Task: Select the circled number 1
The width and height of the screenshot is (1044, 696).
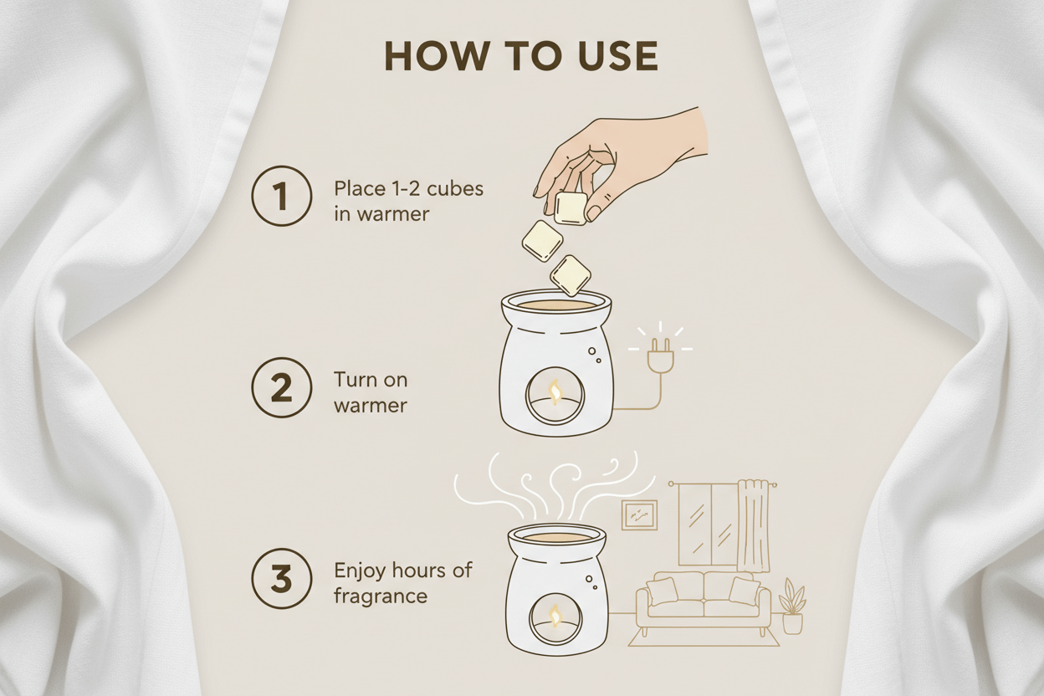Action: (282, 196)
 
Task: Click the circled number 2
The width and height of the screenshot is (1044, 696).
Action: (282, 387)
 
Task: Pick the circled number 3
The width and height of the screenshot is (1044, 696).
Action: (282, 578)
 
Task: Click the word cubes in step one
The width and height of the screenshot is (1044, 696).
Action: (455, 189)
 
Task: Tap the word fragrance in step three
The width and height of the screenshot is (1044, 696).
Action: (381, 596)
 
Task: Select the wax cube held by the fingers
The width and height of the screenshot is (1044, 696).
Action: (571, 208)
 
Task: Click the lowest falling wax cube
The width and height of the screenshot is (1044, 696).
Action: (570, 276)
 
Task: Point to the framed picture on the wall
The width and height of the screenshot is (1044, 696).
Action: (639, 514)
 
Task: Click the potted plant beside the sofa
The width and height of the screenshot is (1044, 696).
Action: (792, 606)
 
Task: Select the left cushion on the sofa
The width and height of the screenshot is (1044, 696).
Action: (662, 591)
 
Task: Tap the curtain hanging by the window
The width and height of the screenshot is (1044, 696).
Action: (752, 532)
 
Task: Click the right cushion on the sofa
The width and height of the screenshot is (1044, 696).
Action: (745, 591)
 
